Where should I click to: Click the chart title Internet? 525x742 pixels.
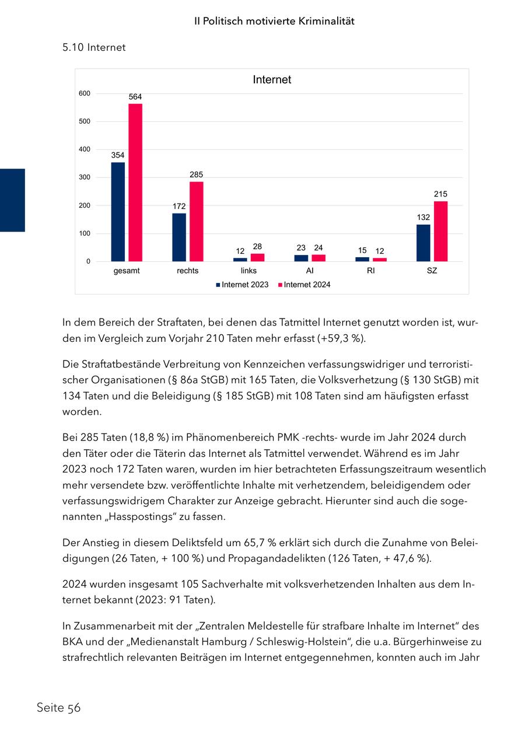(272, 80)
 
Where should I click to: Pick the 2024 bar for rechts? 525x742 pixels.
(197, 222)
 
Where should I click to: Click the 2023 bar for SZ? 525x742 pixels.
(423, 243)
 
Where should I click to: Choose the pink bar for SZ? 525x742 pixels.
(441, 231)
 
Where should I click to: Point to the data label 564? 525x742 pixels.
(135, 97)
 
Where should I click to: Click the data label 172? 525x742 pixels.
(179, 206)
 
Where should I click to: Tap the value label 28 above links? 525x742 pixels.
(257, 247)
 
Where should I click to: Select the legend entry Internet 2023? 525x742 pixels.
(242, 285)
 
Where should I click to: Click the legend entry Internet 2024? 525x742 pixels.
(304, 285)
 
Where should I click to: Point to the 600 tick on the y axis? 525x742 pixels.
(85, 93)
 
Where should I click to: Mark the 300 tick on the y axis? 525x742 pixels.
(85, 177)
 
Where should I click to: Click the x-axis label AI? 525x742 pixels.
(310, 271)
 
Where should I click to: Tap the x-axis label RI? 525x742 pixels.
(371, 271)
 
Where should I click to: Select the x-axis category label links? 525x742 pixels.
(249, 271)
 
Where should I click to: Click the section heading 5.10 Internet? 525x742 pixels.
(94, 47)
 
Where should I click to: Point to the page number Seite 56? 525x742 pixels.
(58, 708)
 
